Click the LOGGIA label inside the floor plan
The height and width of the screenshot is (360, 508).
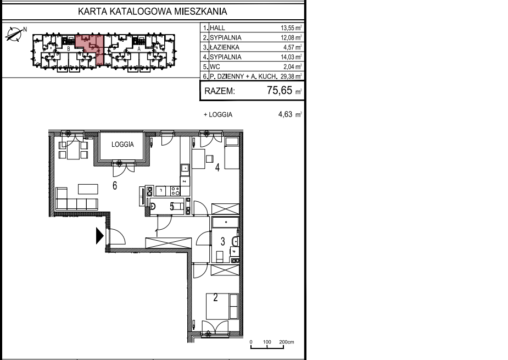coord(122,145)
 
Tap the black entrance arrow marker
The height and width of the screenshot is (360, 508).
coord(99,236)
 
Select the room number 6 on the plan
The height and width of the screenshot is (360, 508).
coord(115,186)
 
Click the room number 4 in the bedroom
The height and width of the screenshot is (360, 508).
coord(217,167)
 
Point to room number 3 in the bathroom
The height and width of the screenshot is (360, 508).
coord(222,241)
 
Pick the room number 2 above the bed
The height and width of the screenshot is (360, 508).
coord(215,297)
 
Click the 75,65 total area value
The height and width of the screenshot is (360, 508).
coord(280,90)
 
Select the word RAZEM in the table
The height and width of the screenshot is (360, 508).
coord(220,91)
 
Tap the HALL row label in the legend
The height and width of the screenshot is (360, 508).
coord(217,28)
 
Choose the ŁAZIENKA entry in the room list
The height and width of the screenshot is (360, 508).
coord(225,47)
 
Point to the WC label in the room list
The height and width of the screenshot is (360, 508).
coord(215,67)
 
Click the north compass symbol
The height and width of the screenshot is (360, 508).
coord(15,34)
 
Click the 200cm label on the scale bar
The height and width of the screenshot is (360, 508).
coord(287,342)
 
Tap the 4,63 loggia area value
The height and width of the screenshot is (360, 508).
coord(285,114)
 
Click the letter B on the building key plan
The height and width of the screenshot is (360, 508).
coord(69,49)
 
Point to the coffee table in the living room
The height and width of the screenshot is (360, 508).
coord(88,189)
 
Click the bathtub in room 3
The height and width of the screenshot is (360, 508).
coord(226,222)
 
